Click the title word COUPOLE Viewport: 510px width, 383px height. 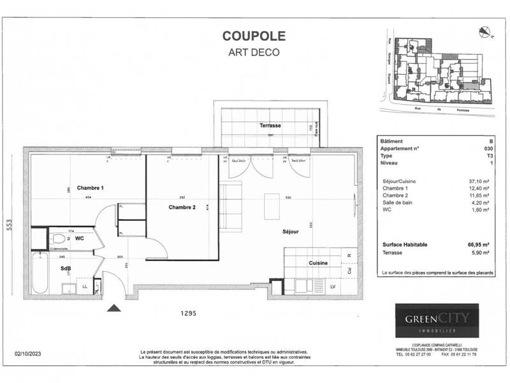(254, 37)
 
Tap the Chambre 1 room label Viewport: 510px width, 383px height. (91, 188)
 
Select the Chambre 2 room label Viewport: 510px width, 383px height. (182, 207)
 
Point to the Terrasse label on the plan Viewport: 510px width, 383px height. (270, 126)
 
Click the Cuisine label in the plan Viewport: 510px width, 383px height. (318, 263)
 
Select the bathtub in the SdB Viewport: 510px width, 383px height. (39, 272)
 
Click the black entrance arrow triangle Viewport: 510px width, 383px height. (114, 308)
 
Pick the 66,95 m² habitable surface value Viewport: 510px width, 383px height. (477, 244)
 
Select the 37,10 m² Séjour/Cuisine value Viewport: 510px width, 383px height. (478, 181)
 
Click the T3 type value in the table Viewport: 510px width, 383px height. (488, 155)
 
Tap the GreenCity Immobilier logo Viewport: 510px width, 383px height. (436, 319)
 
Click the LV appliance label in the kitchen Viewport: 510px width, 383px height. (332, 287)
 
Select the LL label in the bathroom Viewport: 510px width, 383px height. (85, 287)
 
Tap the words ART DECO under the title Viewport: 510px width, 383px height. (254, 52)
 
